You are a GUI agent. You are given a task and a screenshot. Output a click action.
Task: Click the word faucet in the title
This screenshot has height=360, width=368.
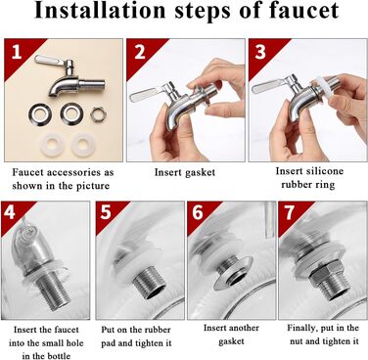tap(303, 10)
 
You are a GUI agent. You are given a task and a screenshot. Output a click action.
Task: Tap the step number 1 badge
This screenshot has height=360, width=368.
tap(17, 53)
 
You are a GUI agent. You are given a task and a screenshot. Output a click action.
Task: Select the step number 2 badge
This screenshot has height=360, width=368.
tap(140, 52)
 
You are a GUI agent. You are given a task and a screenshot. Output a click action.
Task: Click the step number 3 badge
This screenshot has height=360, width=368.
tap(260, 52)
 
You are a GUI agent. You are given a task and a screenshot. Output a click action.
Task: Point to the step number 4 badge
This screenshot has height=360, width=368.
tap(10, 212)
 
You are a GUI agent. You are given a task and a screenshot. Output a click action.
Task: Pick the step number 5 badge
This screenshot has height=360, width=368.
tap(106, 212)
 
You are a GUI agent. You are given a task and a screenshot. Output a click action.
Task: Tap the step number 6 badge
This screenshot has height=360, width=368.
tap(198, 212)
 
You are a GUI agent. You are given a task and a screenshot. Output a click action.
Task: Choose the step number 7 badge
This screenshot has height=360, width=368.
tap(290, 212)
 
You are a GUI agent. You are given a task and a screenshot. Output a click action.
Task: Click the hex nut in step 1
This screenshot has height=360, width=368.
tap(99, 114)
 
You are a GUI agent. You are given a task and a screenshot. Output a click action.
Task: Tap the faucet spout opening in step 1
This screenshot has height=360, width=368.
tap(54, 94)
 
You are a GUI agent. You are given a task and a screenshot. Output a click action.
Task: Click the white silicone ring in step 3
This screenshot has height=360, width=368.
tap(325, 86)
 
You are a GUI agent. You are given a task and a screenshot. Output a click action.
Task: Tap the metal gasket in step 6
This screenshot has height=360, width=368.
tap(234, 274)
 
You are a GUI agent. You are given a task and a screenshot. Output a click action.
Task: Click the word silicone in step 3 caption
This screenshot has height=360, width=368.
tap(325, 171)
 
